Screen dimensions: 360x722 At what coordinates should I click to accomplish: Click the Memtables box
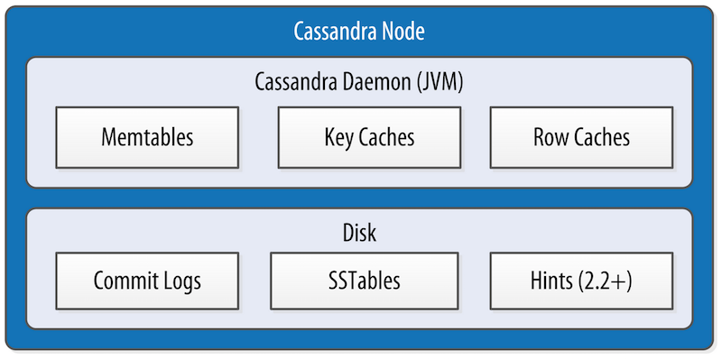click(146, 138)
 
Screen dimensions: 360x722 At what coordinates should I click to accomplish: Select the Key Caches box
click(368, 138)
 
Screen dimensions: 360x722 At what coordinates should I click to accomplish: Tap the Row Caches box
click(581, 138)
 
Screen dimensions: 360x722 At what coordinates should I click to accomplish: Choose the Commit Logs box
click(146, 281)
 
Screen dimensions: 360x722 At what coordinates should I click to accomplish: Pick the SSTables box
click(361, 281)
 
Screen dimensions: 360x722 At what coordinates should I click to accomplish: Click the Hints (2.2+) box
click(581, 281)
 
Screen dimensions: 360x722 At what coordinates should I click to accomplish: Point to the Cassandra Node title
click(359, 32)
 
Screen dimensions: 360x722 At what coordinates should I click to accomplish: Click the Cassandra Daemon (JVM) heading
click(359, 83)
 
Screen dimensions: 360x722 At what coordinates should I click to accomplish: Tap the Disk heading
click(360, 233)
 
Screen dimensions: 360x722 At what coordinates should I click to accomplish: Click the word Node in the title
click(403, 32)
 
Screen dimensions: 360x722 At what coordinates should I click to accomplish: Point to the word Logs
click(180, 281)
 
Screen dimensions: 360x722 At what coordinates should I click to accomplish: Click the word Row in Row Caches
click(550, 138)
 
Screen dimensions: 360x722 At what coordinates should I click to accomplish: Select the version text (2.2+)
click(606, 281)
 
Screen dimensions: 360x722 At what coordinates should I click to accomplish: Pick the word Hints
click(553, 281)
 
